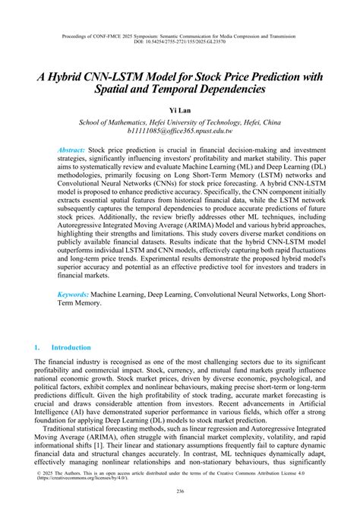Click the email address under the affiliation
click(179, 132)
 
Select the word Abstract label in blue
click(71, 150)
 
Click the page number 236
click(179, 494)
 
